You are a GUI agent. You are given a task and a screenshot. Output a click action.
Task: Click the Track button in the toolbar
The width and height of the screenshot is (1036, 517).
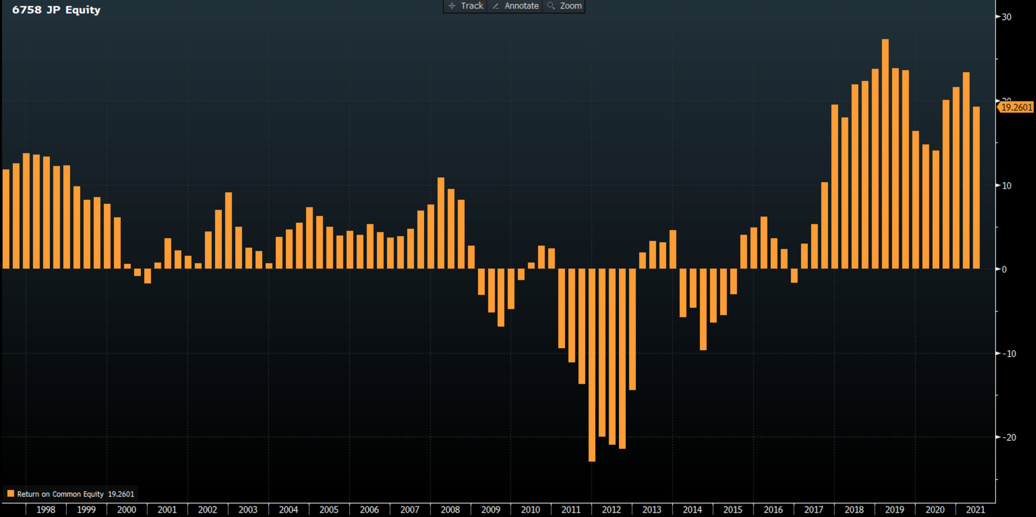(x=466, y=6)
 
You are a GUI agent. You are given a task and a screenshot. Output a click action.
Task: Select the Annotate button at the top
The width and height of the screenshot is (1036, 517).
(x=515, y=6)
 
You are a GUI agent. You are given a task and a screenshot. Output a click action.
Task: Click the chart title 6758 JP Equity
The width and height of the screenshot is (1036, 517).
(x=56, y=10)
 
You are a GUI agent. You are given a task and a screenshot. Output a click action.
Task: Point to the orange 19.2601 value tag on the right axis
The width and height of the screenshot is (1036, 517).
(x=1016, y=107)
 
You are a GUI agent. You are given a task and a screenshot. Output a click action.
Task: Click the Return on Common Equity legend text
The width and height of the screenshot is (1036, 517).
(x=60, y=494)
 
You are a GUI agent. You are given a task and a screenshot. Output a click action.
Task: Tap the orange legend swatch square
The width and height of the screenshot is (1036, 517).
(x=10, y=494)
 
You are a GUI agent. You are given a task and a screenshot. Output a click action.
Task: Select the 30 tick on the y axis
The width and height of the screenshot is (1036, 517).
(x=1006, y=17)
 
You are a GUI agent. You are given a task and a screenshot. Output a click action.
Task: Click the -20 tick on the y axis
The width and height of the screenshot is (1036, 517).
(x=1009, y=437)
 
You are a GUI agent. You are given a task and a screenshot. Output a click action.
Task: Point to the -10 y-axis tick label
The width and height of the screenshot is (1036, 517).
(x=1009, y=354)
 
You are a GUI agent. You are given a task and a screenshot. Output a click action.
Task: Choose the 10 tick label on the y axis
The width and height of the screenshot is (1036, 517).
(x=1006, y=186)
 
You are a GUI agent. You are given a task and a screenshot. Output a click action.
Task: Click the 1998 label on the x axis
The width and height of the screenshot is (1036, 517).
(x=46, y=510)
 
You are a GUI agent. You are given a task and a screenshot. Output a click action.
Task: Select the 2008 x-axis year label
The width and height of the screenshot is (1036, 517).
(x=450, y=510)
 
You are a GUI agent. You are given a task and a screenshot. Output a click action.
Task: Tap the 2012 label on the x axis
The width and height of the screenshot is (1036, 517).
(x=611, y=510)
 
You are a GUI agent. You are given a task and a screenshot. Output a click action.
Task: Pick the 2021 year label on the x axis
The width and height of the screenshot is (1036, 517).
(x=975, y=510)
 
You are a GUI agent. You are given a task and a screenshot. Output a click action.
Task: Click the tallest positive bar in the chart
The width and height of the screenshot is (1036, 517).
(x=885, y=156)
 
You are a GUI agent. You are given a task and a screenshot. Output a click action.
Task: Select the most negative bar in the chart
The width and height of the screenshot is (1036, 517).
(x=592, y=363)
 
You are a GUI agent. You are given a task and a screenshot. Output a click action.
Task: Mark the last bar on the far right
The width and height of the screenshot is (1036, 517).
(x=976, y=187)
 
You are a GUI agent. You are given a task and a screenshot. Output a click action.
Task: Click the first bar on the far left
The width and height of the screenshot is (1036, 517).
(x=6, y=218)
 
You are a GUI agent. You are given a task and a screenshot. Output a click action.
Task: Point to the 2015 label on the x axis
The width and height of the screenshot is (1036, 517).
(x=732, y=510)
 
